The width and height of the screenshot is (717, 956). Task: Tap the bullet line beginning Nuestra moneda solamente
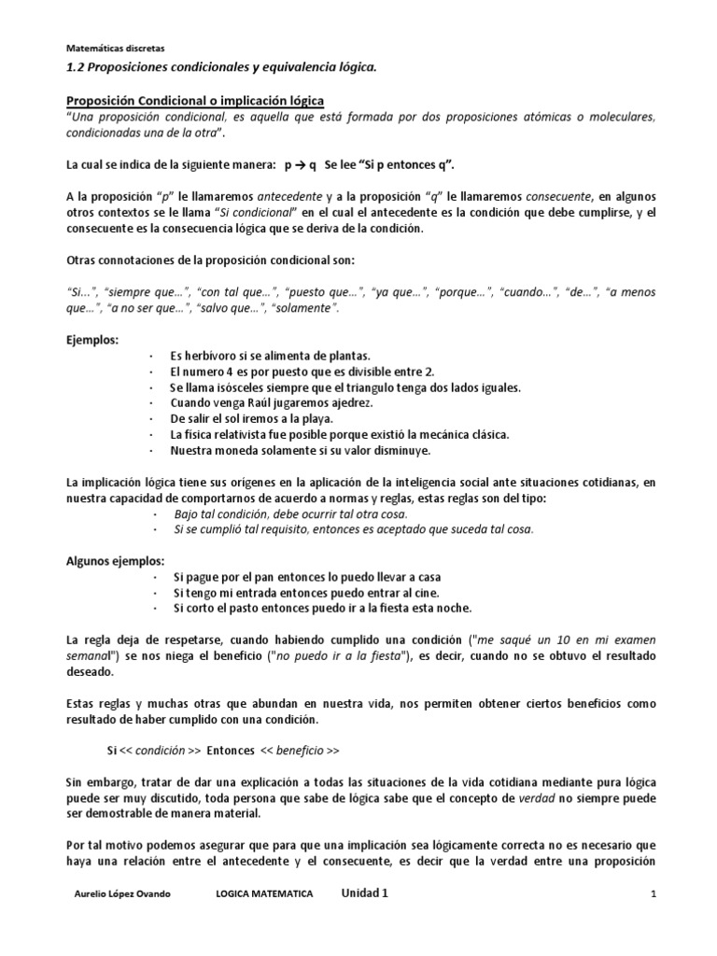[300, 451]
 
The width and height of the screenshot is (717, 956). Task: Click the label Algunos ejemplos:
[116, 561]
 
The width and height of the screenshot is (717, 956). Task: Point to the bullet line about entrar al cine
[304, 593]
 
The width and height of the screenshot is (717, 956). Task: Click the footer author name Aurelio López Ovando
[124, 894]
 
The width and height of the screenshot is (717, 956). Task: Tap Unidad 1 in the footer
[364, 893]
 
